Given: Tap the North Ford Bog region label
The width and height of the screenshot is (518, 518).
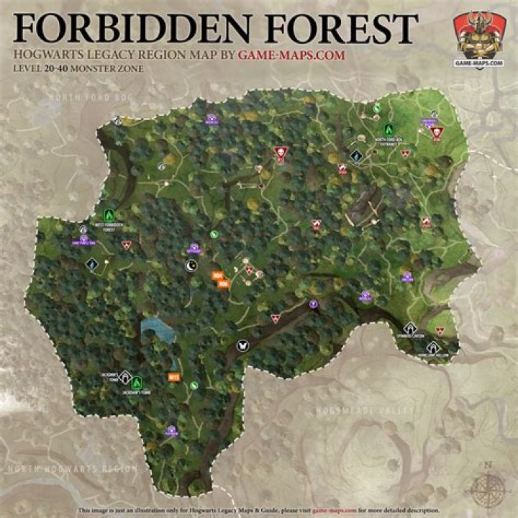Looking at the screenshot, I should click(84, 97).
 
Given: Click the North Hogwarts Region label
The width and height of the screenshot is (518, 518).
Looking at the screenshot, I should click(70, 468).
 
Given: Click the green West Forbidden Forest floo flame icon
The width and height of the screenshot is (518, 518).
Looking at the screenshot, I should click(109, 214).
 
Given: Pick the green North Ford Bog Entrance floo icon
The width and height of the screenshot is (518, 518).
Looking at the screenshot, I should click(388, 129).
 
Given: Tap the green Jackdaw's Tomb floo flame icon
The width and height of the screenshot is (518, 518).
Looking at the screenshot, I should click(135, 382).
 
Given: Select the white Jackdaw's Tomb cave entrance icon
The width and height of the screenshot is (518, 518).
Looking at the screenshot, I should click(124, 376).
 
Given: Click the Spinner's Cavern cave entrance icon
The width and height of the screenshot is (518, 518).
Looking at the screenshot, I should click(411, 328).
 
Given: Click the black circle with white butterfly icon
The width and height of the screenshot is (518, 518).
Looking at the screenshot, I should click(242, 345).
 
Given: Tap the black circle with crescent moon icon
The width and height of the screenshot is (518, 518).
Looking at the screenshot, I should click(191, 266).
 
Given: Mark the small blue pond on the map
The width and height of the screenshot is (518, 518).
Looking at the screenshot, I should click(158, 330).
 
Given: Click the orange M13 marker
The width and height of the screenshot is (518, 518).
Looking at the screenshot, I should click(173, 376).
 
